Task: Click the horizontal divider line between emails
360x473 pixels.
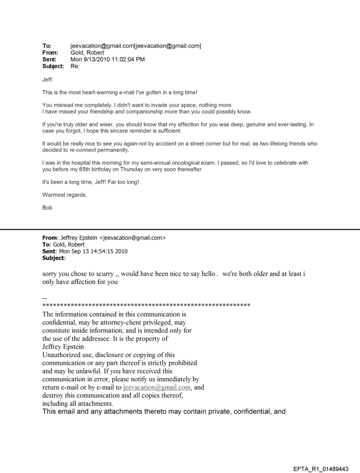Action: pyautogui.click(x=180, y=230)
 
